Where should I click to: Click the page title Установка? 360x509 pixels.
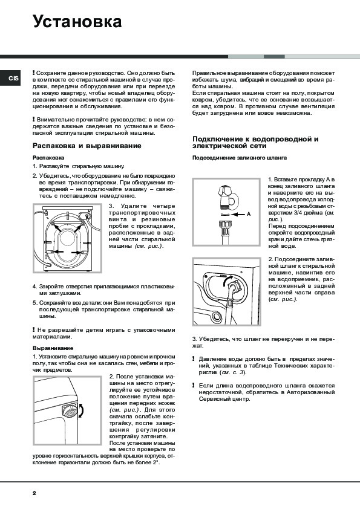(77, 22)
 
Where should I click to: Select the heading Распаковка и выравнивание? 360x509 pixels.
(87, 146)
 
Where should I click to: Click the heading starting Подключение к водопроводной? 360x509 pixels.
(255, 143)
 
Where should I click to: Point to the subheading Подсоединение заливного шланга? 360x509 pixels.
(240, 158)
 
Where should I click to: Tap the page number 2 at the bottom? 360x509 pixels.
(34, 493)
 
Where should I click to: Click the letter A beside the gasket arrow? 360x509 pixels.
(249, 214)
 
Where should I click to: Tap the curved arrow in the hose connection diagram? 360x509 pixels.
(227, 279)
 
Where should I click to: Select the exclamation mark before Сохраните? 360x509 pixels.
(33, 73)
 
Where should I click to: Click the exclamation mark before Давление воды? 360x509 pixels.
(194, 359)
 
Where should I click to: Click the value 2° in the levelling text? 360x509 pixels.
(156, 462)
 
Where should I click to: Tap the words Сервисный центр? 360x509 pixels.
(224, 399)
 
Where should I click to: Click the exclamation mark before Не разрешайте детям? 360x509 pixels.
(33, 330)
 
